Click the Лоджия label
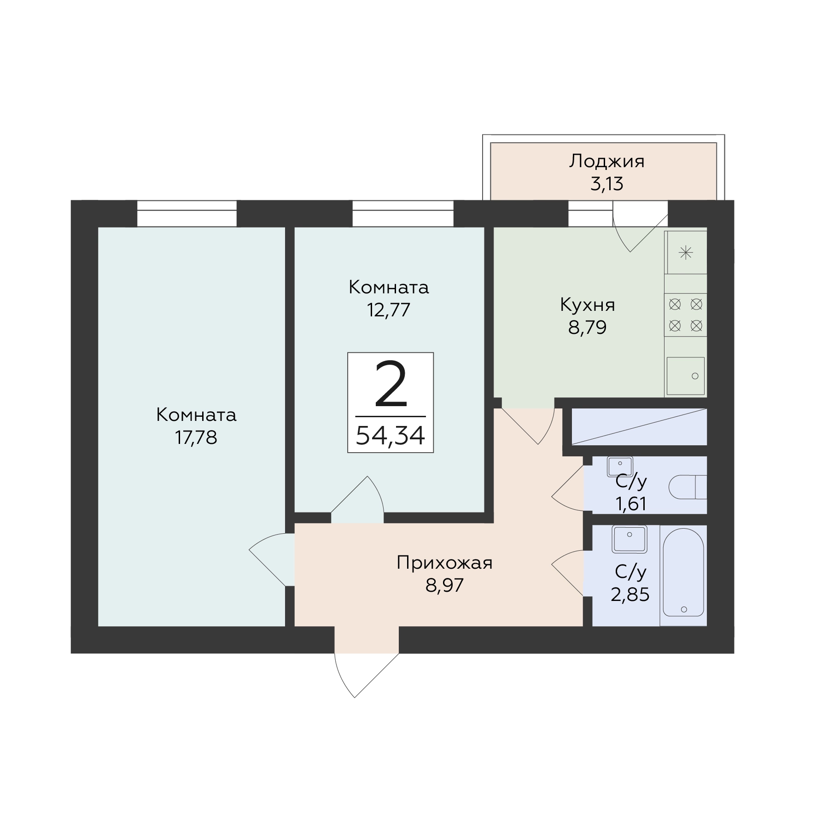pos(606,162)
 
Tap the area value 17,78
pos(196,437)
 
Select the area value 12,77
pos(388,310)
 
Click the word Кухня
pos(587,305)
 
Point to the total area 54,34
pos(390,435)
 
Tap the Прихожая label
pos(444,563)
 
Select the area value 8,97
pos(444,585)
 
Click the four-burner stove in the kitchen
pos(686,315)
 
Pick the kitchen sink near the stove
pos(686,376)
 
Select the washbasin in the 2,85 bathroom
pos(629,539)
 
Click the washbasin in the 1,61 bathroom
pos(620,466)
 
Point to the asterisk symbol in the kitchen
pos(686,252)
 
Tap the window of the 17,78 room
pos(187,214)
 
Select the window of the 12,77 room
pos(403,214)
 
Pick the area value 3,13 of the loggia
pos(606,184)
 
